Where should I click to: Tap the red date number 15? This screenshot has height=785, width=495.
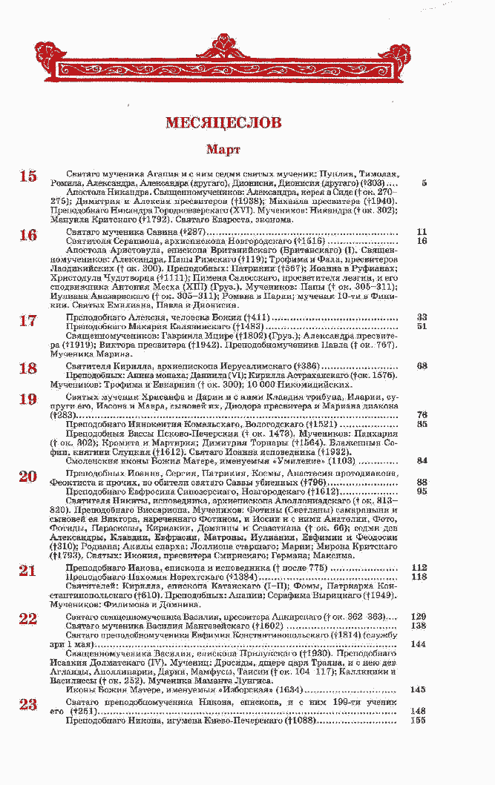[x=28, y=176]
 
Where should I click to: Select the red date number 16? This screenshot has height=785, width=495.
[x=28, y=235]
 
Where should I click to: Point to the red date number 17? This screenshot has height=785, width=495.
[x=28, y=320]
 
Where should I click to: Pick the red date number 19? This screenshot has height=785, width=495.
[x=28, y=400]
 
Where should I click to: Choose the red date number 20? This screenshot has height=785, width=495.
[x=28, y=476]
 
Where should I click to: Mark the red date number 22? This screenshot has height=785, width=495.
[x=28, y=619]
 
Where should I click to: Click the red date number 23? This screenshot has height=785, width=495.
[x=28, y=704]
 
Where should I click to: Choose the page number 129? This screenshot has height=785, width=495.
[x=419, y=617]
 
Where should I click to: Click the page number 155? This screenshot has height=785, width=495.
[x=419, y=720]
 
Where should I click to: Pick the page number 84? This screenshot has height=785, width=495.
[x=422, y=460]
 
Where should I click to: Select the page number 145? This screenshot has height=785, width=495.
[x=419, y=689]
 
